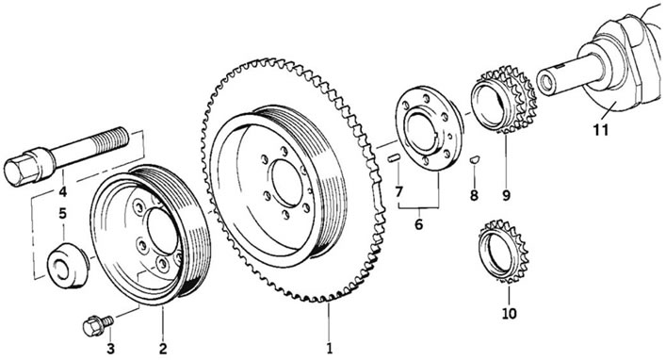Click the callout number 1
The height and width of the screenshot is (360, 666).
[x=329, y=349]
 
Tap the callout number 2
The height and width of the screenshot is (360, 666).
[x=163, y=349]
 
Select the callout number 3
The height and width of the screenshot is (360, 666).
[x=110, y=349]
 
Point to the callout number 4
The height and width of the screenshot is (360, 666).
[x=63, y=192]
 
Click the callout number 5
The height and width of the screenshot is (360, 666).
[x=63, y=213]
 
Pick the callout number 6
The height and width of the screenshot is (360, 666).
[x=419, y=224]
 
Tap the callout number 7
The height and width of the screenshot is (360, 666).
[x=398, y=192]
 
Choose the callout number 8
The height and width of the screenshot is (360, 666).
[x=474, y=195]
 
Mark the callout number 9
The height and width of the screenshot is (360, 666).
[x=506, y=195]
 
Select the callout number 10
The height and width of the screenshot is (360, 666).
[x=510, y=313]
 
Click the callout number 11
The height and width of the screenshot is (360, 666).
[x=601, y=130]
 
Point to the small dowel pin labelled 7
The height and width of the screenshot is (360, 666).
[x=393, y=158]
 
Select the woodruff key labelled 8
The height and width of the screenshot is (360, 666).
[x=475, y=160]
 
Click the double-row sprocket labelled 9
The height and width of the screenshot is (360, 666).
[x=504, y=100]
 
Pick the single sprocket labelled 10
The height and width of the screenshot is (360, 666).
[x=504, y=252]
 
